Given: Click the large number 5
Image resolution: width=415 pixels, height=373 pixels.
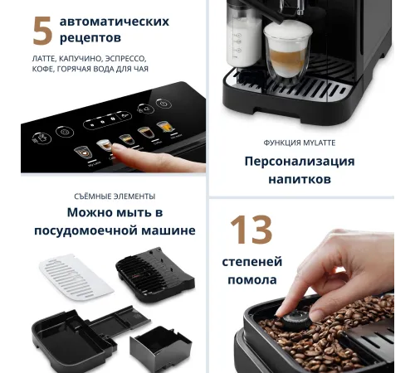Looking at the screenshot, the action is coord(43,31).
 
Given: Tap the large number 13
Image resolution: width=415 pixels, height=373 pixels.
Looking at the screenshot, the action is coord(251,230).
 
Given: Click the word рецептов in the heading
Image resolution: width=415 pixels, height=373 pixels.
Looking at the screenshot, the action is coord(90,37).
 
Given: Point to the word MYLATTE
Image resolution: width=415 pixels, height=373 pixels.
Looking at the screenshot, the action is coord(320,143).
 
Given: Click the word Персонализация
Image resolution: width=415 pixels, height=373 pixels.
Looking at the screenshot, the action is coord(300,162).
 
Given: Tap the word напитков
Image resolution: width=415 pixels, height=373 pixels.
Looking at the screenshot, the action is coord(300,179).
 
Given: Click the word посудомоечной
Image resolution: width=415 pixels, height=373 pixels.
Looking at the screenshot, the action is coord(85,230).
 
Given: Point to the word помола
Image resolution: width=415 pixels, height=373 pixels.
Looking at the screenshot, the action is coord(252,280).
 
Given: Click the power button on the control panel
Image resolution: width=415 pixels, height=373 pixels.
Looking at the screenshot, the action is coord(164,104).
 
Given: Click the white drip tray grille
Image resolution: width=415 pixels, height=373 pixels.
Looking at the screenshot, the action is coord(76,277).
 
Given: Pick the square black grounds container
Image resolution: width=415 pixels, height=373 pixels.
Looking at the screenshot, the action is coord(160,348).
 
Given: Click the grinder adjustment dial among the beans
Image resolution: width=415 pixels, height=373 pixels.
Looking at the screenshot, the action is coord(295,320).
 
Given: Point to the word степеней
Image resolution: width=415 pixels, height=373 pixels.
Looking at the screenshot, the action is coord(252,262).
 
